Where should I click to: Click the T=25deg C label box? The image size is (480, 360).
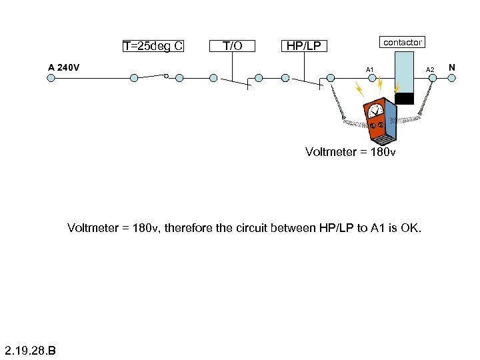[153, 46]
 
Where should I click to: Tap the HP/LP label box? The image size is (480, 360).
[303, 46]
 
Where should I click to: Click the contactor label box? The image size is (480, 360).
[402, 42]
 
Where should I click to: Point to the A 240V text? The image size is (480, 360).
[64, 67]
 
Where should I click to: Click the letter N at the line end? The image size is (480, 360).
[452, 67]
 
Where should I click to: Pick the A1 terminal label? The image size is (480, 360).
[369, 70]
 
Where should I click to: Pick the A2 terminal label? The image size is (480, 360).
[430, 70]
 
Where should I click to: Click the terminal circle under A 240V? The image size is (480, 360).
[51, 77]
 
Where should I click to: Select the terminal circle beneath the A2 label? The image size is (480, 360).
[432, 78]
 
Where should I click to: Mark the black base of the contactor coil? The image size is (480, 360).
[404, 99]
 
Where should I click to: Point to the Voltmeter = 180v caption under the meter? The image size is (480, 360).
[350, 152]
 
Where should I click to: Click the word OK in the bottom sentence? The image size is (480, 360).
[411, 228]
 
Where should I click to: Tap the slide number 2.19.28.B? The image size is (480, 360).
[30, 349]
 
